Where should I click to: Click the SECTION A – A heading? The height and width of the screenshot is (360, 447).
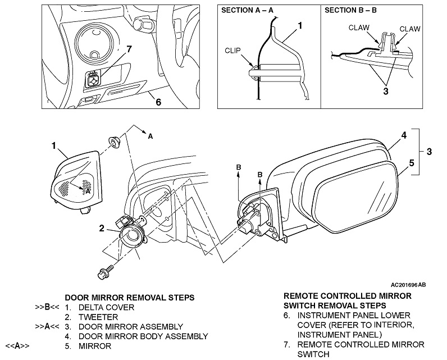[247, 11]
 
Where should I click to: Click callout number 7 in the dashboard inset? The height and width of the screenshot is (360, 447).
[129, 49]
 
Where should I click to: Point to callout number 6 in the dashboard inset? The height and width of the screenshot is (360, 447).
[158, 102]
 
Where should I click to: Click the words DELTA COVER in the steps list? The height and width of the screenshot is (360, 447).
[106, 307]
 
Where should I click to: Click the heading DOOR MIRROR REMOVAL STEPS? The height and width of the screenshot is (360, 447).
[130, 297]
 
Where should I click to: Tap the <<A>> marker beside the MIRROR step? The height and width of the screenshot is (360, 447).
[16, 346]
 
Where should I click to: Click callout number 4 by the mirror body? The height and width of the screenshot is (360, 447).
[403, 135]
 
